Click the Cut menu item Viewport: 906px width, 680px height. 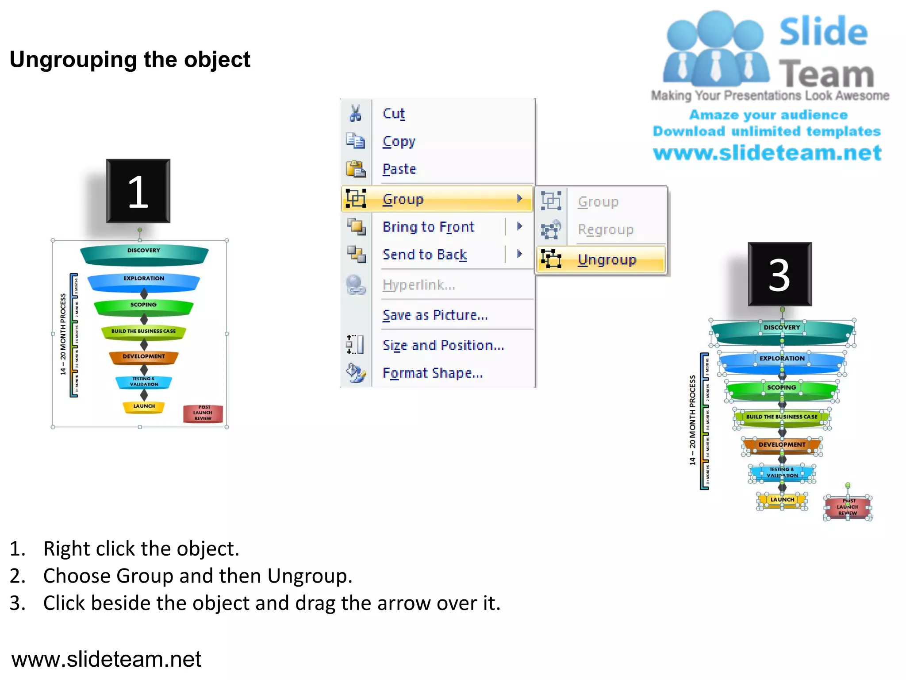[393, 113]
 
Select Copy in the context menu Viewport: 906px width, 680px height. [399, 141]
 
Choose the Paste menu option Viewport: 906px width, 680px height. [399, 169]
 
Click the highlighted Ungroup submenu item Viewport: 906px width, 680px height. [607, 259]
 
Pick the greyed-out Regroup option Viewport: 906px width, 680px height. [605, 229]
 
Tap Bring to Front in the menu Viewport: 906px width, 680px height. [428, 227]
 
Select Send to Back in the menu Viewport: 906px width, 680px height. [425, 255]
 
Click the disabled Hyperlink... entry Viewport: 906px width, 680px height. [418, 285]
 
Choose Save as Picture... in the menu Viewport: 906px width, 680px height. [435, 315]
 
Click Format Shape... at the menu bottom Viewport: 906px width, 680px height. [432, 373]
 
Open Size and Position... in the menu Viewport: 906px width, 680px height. [443, 345]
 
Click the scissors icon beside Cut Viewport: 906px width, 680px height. [355, 113]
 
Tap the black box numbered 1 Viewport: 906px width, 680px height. [138, 191]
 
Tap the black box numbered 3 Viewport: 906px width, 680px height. [779, 274]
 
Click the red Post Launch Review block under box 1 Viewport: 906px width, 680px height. [203, 413]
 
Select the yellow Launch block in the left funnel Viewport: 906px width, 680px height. [144, 406]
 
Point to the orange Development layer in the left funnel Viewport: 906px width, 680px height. [144, 357]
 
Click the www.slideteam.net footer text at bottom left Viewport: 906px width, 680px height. [106, 659]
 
